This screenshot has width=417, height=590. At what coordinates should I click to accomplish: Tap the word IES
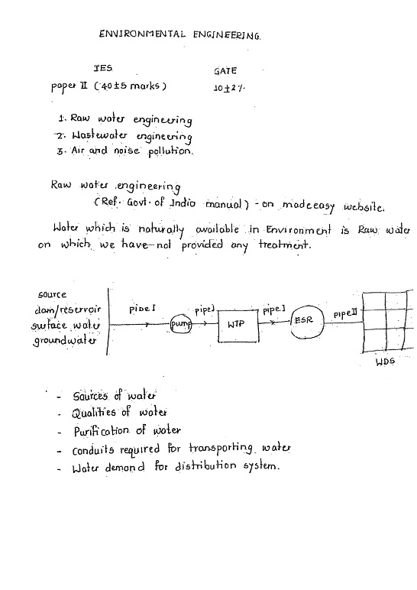[102, 69]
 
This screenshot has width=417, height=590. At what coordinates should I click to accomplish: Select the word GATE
[226, 70]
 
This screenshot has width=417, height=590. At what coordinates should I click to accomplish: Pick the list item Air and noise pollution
[132, 151]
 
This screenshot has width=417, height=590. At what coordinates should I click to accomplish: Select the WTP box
[238, 324]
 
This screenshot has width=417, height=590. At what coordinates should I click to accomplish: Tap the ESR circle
[305, 325]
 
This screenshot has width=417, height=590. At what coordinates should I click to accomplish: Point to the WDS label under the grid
[384, 362]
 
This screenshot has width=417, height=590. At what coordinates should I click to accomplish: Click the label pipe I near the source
[142, 308]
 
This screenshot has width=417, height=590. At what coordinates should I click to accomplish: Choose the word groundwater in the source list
[63, 341]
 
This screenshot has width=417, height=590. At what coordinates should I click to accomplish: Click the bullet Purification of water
[127, 430]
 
